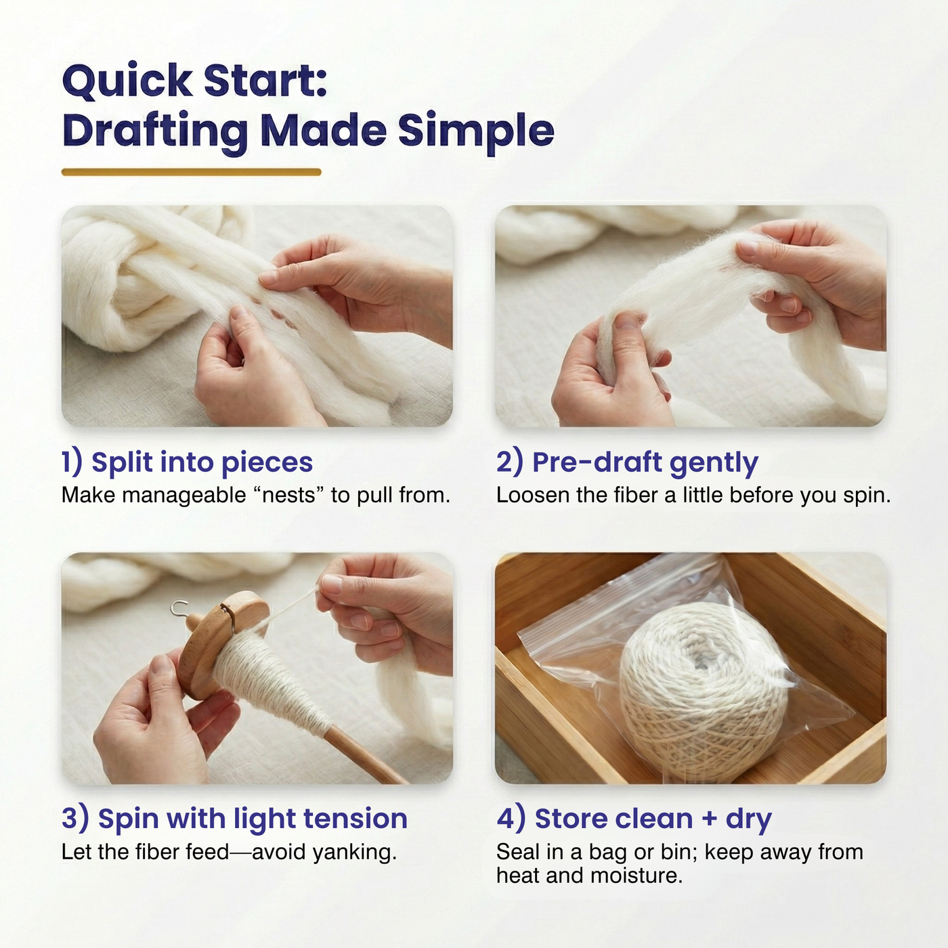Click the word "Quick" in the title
coord(127,81)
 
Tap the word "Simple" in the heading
coord(476,131)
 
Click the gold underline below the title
coord(191,172)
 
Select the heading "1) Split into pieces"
coord(187,462)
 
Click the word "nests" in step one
coord(288,496)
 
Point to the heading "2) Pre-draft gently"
coord(627,462)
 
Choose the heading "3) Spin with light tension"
coord(234,819)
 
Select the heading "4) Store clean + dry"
coord(634,819)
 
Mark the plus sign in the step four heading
coord(709,819)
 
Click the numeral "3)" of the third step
coord(75,819)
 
